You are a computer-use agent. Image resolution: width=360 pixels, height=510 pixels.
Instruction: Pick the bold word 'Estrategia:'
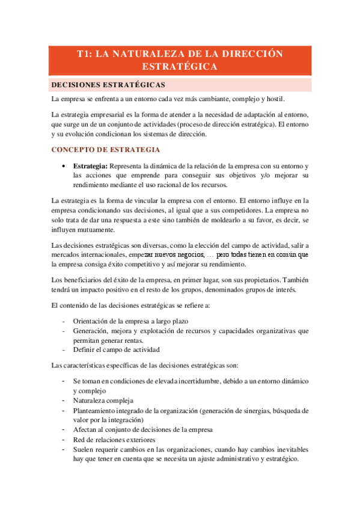tap(90, 165)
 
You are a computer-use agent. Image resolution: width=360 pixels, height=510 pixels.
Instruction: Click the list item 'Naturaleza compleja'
tap(103, 401)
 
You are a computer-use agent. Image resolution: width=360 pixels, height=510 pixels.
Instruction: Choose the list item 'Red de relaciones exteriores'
tap(115, 439)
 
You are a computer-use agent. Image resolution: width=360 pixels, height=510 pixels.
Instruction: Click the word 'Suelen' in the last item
tap(84, 449)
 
